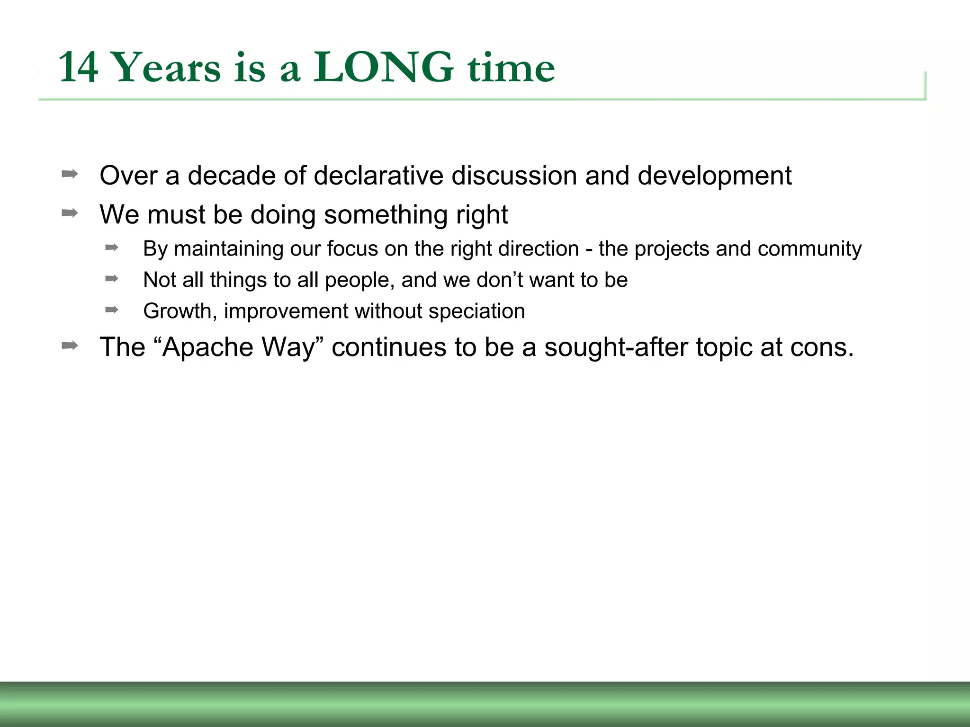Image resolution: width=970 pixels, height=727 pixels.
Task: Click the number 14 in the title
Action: (x=79, y=68)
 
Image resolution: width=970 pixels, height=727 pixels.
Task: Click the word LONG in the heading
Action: (x=383, y=67)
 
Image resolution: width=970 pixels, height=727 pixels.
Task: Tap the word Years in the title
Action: (x=167, y=68)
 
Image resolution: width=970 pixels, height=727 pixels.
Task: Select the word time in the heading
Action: (x=511, y=68)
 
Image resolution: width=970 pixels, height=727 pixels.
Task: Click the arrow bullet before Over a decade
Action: (x=70, y=174)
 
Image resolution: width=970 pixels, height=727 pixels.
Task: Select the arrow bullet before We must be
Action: (x=70, y=213)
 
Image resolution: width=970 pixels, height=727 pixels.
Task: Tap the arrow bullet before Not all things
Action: (x=112, y=279)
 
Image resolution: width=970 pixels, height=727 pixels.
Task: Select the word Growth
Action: (x=180, y=311)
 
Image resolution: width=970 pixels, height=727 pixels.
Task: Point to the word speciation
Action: (x=476, y=311)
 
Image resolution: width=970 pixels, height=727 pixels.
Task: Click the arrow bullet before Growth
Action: (x=112, y=310)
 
